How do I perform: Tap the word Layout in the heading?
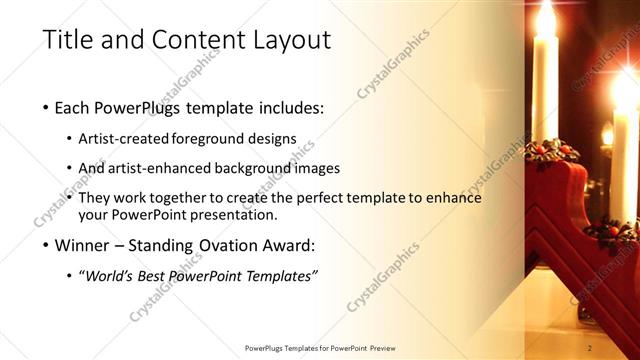point(293,40)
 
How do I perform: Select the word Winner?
point(84,245)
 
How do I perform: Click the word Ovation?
point(229,245)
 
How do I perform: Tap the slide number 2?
point(591,348)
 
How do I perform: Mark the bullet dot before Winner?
point(46,245)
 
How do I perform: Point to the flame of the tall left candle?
point(545,18)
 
